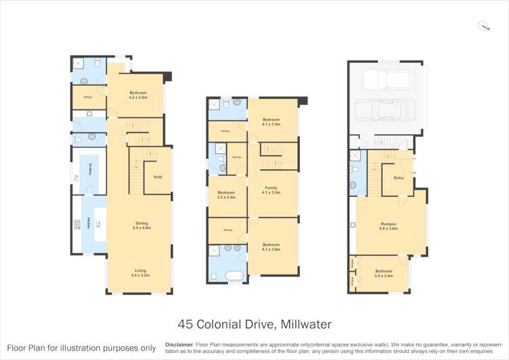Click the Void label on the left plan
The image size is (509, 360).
pos(157,177)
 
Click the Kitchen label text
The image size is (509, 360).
pos(89,222)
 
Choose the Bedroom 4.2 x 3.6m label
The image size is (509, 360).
pos(139,95)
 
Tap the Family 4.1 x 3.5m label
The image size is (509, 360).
pos(271,191)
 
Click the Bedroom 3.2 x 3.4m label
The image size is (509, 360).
pos(226,195)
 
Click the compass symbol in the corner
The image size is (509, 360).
pos(483,26)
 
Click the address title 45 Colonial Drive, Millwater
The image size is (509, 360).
pos(254,325)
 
